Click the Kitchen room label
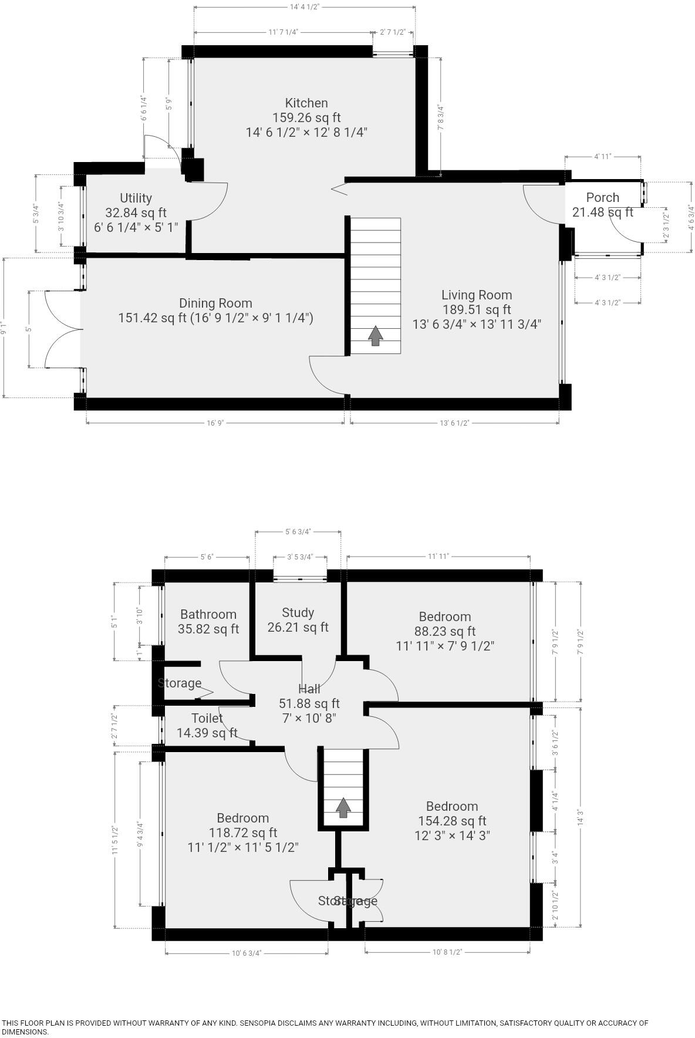coord(306,103)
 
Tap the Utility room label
coord(136,198)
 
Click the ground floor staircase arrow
coord(375,336)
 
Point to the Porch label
coord(602,198)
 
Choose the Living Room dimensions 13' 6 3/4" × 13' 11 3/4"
coord(477,324)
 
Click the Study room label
coord(298,612)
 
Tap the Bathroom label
coord(208,614)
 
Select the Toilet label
coord(207,718)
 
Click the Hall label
coord(309,689)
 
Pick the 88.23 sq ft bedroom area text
coord(444,631)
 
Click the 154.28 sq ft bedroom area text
coord(452,821)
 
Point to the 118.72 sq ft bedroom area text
coord(242,833)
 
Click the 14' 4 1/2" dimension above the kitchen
coord(304,6)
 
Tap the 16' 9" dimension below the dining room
coord(215,423)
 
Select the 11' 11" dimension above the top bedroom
coord(438,556)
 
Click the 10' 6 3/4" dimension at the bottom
coord(246,953)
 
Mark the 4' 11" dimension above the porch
coord(602,156)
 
